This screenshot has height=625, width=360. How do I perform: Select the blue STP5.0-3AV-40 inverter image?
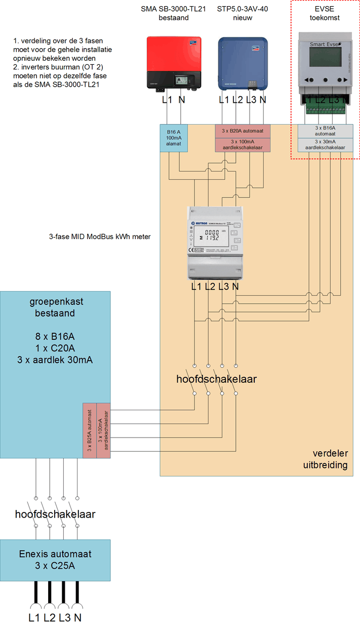click(243, 63)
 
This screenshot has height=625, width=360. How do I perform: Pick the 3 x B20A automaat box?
click(243, 131)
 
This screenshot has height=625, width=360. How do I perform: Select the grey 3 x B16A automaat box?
click(325, 131)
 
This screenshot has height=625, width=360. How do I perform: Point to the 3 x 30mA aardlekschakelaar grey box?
click(325, 145)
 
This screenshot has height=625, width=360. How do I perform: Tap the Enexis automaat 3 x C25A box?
click(55, 560)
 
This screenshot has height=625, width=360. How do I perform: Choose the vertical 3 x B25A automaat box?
click(89, 431)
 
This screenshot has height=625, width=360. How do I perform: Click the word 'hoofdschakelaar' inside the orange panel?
click(216, 379)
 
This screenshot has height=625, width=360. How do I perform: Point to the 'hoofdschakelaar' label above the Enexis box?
click(55, 514)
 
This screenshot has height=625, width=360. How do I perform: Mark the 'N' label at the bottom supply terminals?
click(77, 617)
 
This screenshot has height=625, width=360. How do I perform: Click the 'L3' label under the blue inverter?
click(251, 100)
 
